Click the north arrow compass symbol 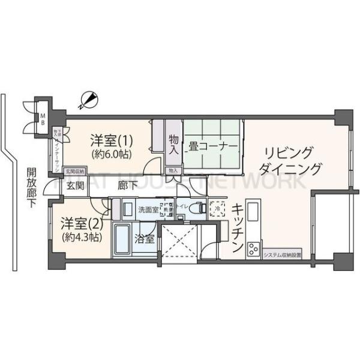point(89,99)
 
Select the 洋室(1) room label point(111,141)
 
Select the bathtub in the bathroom point(124,238)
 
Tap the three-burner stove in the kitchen point(253,247)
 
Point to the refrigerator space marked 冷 point(215,211)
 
